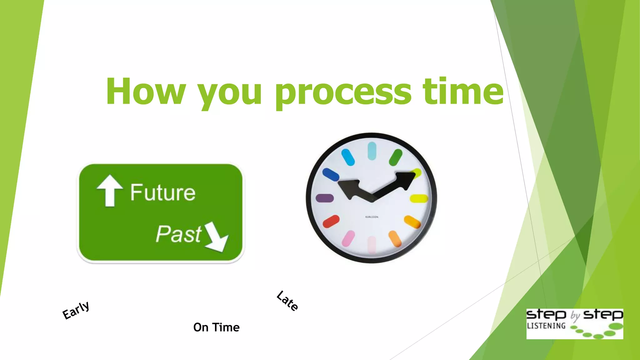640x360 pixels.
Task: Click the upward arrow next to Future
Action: pos(109,190)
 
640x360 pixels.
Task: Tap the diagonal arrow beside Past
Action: pos(217,237)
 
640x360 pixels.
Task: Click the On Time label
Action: pos(216,327)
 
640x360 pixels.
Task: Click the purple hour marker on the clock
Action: pos(325,198)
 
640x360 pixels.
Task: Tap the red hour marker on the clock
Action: pos(331,221)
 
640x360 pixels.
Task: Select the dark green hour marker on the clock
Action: pos(395,157)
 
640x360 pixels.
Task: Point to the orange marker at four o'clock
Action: pos(412,222)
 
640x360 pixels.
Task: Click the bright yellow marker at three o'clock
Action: pos(419,198)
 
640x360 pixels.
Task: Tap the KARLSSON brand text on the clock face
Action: pos(372,217)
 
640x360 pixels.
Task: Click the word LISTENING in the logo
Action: pos(546,326)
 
